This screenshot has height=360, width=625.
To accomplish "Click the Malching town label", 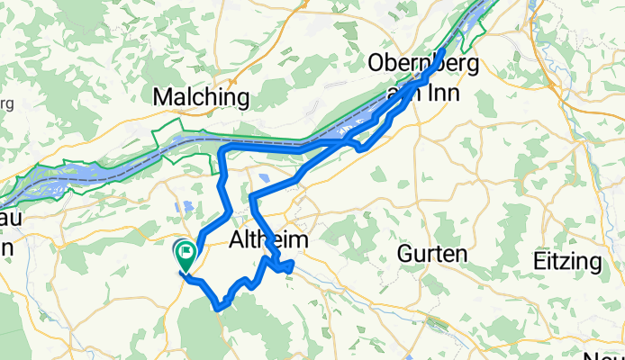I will click(202, 96).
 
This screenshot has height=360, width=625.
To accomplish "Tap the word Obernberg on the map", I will click(421, 64).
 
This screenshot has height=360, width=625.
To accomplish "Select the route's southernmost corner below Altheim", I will click(219, 307).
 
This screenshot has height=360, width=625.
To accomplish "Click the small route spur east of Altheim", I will click(290, 265).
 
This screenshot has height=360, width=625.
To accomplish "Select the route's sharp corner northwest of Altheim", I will click(253, 195).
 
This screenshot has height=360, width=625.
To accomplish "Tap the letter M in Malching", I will click(165, 96).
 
